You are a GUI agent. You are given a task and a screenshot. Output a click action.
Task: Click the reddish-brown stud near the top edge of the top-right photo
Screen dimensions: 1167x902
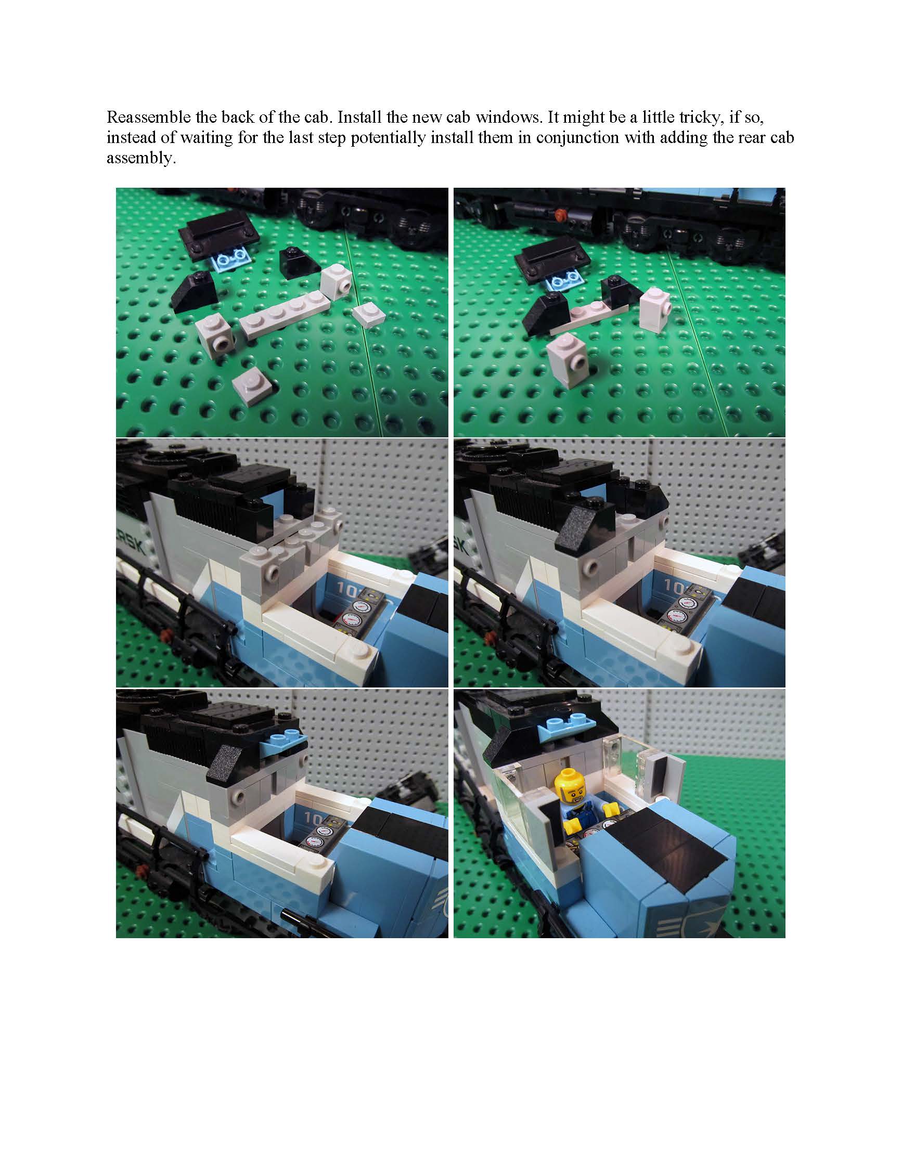coord(560,215)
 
